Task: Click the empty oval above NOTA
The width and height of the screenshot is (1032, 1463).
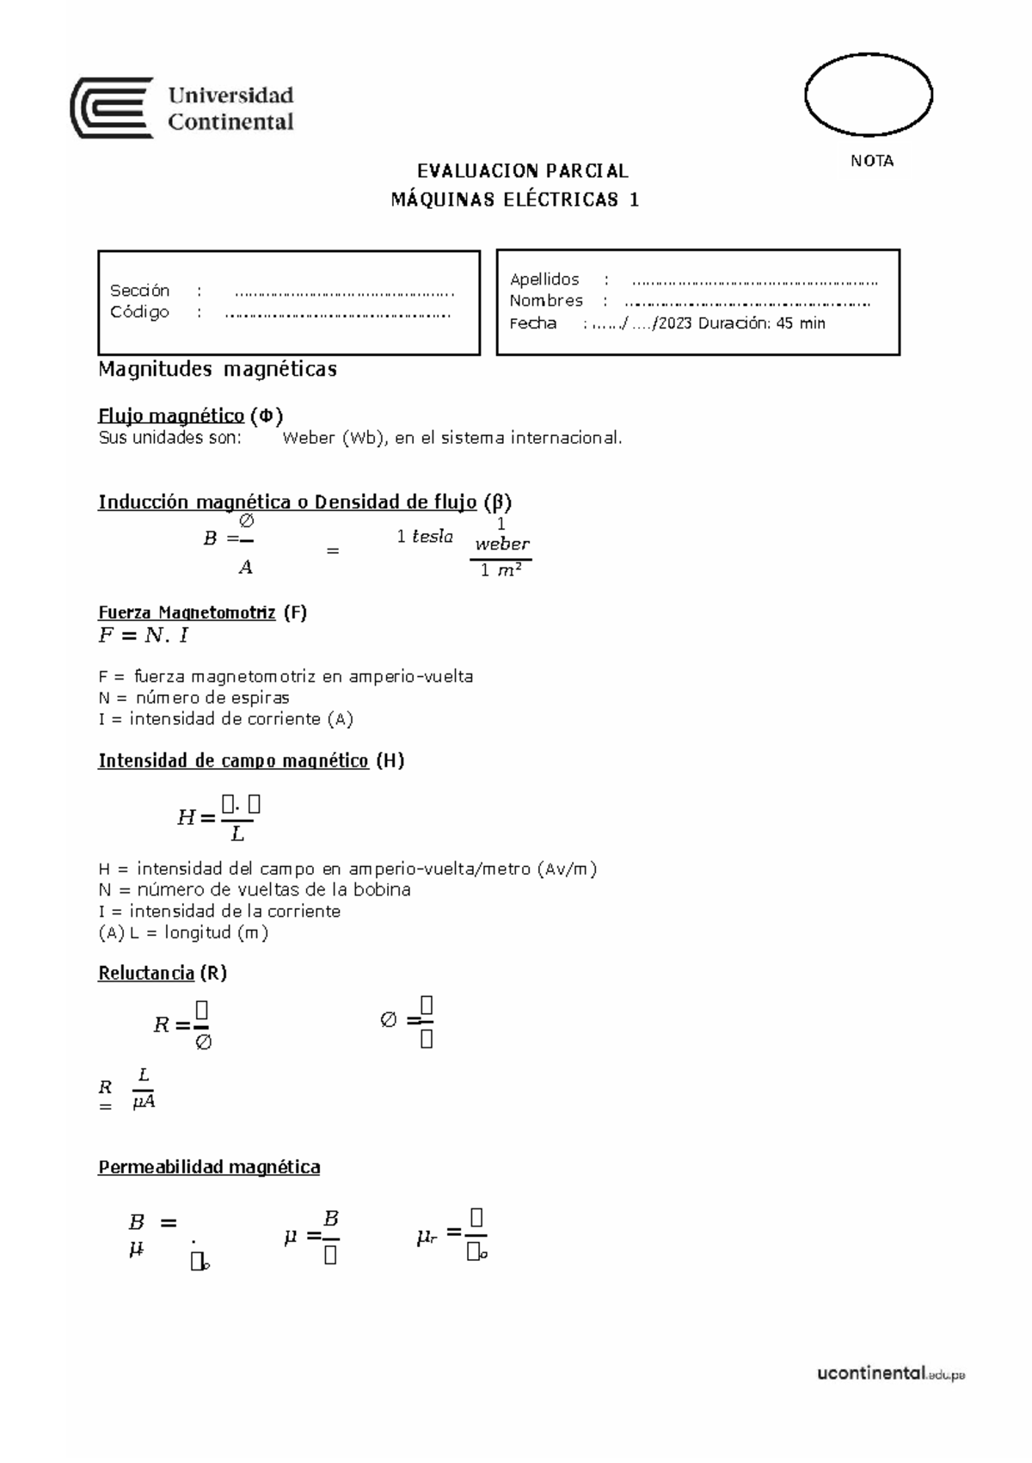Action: click(868, 94)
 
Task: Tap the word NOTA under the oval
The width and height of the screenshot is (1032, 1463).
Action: click(872, 161)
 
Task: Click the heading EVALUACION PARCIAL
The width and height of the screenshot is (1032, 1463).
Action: click(523, 171)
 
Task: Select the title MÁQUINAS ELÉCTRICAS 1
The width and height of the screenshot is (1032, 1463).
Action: click(515, 200)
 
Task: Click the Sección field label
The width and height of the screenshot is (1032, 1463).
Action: click(140, 291)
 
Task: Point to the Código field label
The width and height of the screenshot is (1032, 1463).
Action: click(139, 311)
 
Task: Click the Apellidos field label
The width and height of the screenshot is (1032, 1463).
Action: click(544, 280)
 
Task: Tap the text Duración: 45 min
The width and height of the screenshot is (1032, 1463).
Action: click(762, 323)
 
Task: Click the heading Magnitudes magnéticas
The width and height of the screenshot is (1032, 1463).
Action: click(218, 370)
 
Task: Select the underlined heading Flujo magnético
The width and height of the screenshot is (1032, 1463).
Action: click(171, 416)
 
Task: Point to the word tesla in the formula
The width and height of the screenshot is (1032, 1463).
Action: click(433, 537)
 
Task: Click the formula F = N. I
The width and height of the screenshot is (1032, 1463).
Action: click(144, 636)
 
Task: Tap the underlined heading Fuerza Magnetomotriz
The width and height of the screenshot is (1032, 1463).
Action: click(187, 612)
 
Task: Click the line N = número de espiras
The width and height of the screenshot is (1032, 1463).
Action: click(194, 698)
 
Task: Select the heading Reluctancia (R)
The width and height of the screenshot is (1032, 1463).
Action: click(163, 973)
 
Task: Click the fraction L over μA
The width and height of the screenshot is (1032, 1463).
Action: click(144, 1089)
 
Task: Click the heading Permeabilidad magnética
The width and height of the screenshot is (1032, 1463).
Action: click(209, 1167)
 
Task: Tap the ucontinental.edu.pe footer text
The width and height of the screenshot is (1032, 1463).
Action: click(890, 1374)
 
